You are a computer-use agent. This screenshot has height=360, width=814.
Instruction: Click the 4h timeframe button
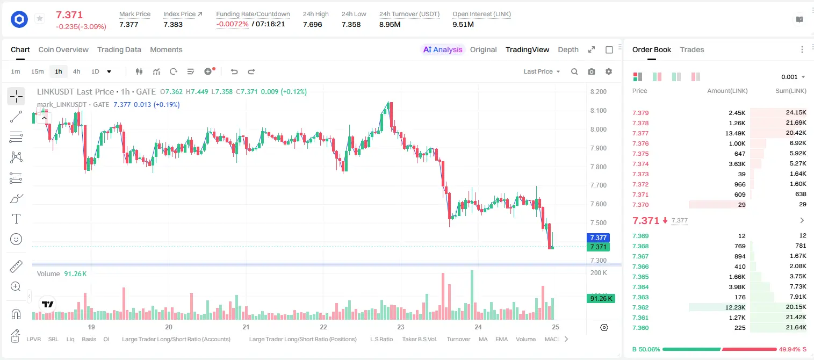tap(76, 71)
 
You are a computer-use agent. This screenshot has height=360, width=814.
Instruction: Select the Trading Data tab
tap(119, 49)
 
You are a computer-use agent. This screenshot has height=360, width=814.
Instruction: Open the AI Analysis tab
tap(443, 49)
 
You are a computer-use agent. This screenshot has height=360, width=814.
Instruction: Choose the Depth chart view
tap(568, 49)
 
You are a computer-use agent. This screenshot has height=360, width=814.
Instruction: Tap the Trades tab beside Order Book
tap(692, 49)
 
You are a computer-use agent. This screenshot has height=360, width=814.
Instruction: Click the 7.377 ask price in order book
tap(640, 133)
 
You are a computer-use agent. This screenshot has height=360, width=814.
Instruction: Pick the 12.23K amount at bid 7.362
tap(735, 307)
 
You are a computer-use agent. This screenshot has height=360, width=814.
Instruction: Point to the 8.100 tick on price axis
tap(599, 111)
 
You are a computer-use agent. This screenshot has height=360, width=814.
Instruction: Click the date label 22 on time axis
tap(323, 327)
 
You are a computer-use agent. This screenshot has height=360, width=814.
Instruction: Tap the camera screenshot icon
tap(592, 71)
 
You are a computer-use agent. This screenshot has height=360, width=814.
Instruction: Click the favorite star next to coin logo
tap(40, 18)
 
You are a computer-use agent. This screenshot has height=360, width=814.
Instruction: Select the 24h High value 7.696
tap(313, 24)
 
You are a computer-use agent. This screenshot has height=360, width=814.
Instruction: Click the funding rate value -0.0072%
tap(233, 24)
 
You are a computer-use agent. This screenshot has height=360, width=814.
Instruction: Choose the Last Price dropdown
tap(542, 71)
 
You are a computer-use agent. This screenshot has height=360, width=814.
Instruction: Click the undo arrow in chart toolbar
tap(234, 71)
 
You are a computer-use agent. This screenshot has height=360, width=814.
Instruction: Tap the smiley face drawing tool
tap(16, 239)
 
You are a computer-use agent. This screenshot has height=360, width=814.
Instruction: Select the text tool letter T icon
tap(16, 219)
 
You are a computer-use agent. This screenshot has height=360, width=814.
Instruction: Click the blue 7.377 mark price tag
tap(598, 237)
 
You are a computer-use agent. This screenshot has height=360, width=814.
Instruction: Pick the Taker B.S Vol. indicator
tap(419, 339)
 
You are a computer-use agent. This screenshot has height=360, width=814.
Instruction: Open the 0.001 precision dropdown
tap(793, 77)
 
